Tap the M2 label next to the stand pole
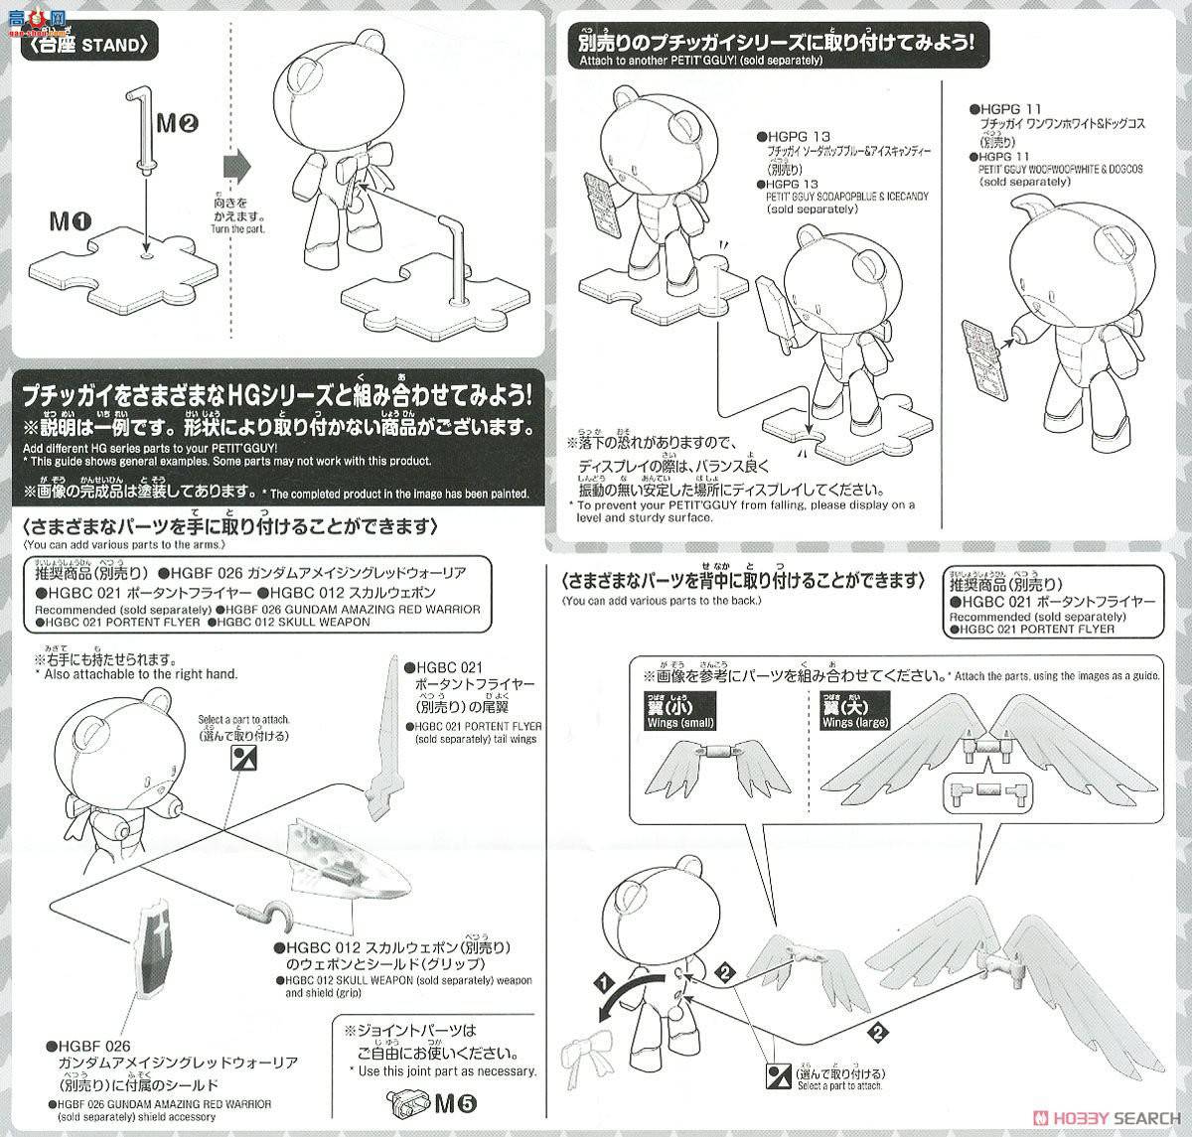click(179, 122)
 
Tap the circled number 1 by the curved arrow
click(601, 983)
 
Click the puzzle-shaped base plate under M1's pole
click(128, 263)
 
